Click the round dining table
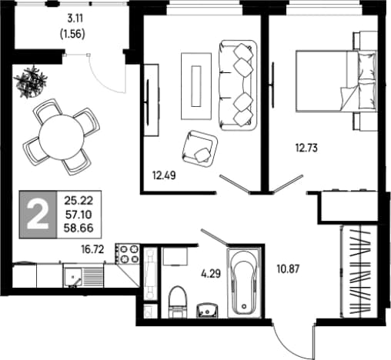(x=62, y=137)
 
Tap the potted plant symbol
(x=31, y=82)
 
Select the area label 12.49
(x=164, y=175)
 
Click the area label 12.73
(x=306, y=148)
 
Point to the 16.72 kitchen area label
(x=92, y=249)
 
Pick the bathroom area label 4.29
(x=211, y=274)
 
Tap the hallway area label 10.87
(x=288, y=269)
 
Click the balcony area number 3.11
(x=75, y=18)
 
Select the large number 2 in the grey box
(x=38, y=215)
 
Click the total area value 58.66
(x=79, y=228)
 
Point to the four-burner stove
(x=128, y=254)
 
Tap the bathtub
(x=244, y=282)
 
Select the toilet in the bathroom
(x=177, y=302)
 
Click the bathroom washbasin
(x=207, y=311)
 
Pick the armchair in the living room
(x=199, y=148)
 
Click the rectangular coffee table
(x=196, y=86)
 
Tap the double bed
(x=336, y=81)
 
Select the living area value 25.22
(x=79, y=201)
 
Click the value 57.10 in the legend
(x=79, y=215)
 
